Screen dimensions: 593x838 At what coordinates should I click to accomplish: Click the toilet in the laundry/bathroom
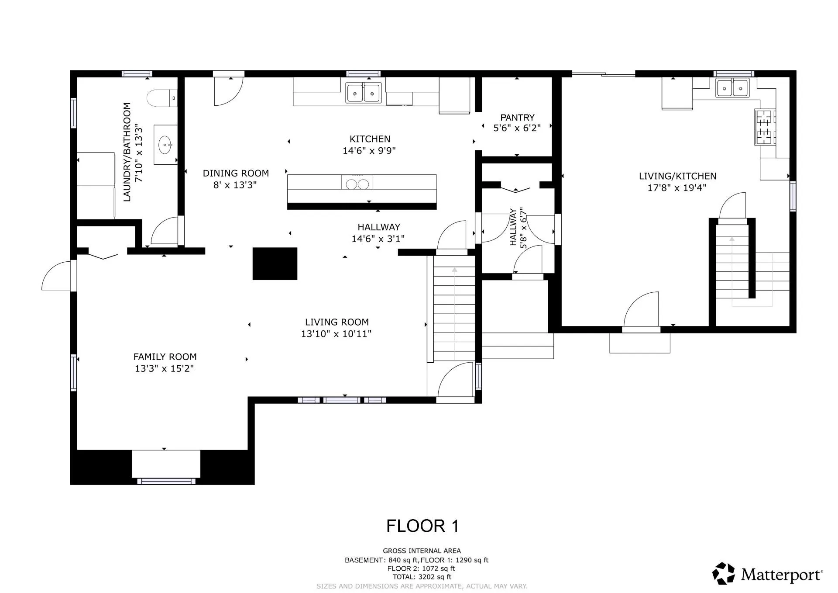tap(161, 98)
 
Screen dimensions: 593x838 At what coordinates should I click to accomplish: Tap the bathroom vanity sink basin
tap(165, 145)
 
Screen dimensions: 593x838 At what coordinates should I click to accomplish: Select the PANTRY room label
tap(517, 118)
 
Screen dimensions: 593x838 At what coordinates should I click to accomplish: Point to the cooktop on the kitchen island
tap(357, 182)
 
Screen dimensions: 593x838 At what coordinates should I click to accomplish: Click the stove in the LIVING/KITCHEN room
tap(765, 127)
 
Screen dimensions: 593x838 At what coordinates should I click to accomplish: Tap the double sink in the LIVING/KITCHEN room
tap(732, 88)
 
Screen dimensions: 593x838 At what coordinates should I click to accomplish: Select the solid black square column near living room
tap(275, 264)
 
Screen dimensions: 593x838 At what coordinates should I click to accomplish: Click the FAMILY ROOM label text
tap(165, 357)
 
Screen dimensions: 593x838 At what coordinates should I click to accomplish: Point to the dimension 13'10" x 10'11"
tap(336, 334)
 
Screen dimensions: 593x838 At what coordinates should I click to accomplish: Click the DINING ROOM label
tap(236, 173)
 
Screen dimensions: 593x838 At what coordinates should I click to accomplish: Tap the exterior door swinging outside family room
tap(57, 276)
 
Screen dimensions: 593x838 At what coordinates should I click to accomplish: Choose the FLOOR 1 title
tap(422, 526)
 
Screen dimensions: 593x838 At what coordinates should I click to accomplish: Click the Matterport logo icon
tap(723, 573)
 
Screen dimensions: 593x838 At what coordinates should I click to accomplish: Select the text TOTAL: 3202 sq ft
tap(422, 577)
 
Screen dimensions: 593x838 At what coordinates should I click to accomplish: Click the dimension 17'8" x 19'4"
tap(677, 188)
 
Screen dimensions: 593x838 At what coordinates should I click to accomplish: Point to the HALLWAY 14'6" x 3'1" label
tap(378, 232)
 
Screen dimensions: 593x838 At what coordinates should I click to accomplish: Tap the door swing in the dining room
tap(227, 91)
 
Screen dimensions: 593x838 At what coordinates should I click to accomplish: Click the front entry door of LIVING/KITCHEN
tap(641, 311)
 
